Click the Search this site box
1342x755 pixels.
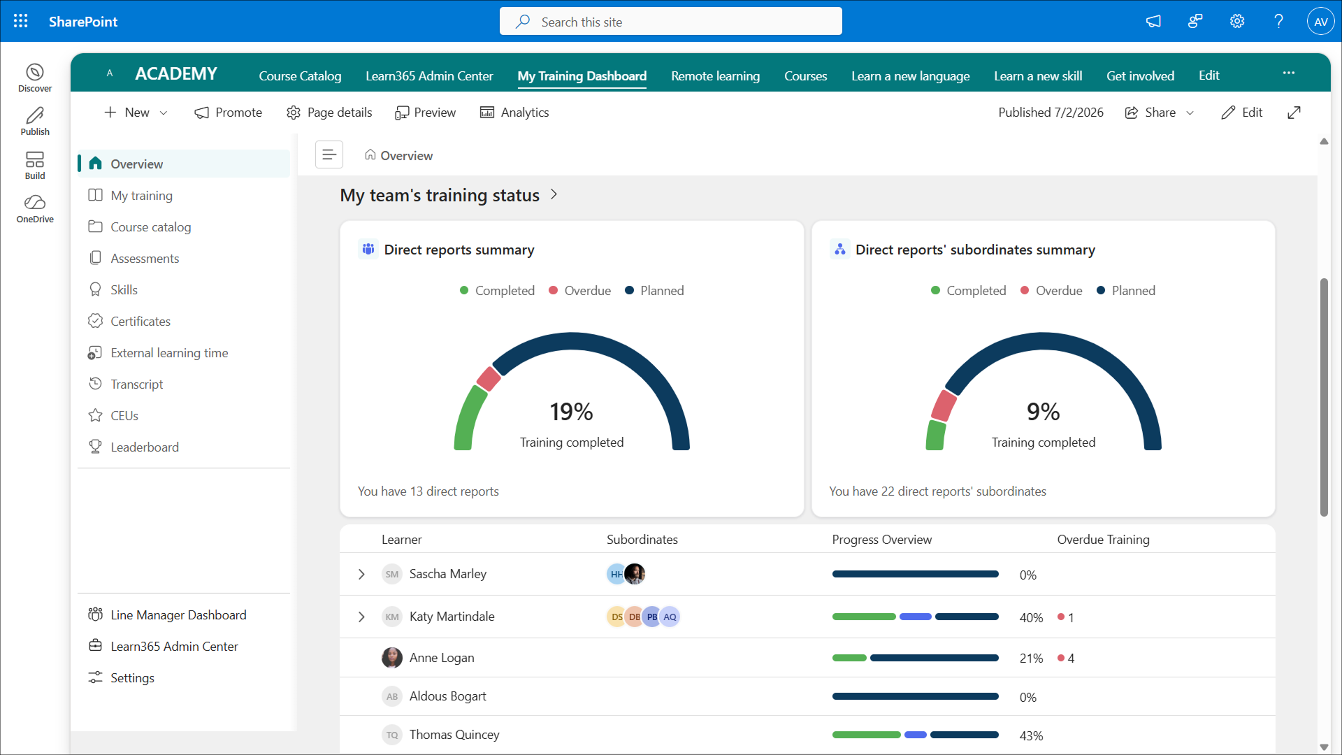coord(670,22)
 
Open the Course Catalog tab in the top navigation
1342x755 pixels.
coord(300,75)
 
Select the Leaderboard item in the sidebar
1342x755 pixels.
coord(144,447)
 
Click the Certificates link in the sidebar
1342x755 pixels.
coord(140,321)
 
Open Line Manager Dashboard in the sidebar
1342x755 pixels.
coord(178,614)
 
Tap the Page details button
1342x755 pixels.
coord(329,113)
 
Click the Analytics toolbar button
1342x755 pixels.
coord(514,113)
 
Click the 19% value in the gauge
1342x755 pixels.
coord(571,411)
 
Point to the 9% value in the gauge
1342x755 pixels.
coord(1043,411)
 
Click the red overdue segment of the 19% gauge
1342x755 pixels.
coord(489,378)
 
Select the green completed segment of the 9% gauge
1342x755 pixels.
coord(935,435)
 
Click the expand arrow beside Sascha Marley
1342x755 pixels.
coord(361,574)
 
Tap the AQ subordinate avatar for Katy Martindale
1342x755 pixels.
coord(670,617)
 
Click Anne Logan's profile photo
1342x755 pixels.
coord(391,657)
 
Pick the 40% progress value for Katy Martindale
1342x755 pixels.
coord(1031,617)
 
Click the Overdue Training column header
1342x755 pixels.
coord(1103,539)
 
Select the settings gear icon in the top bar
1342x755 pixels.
coord(1237,21)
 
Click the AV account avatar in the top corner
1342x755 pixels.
coord(1320,21)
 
